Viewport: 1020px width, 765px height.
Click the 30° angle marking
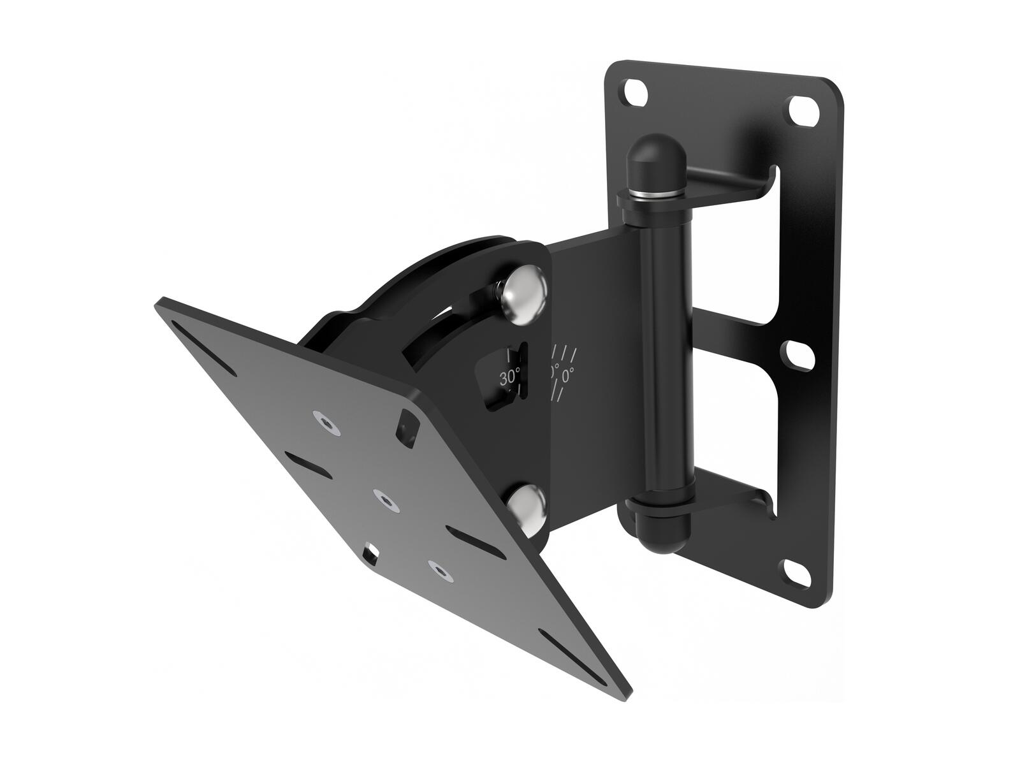pos(509,377)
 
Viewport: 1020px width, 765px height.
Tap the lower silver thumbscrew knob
pos(527,509)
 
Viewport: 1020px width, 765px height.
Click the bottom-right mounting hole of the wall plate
pos(798,570)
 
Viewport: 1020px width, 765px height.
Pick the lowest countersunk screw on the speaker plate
pos(439,571)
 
